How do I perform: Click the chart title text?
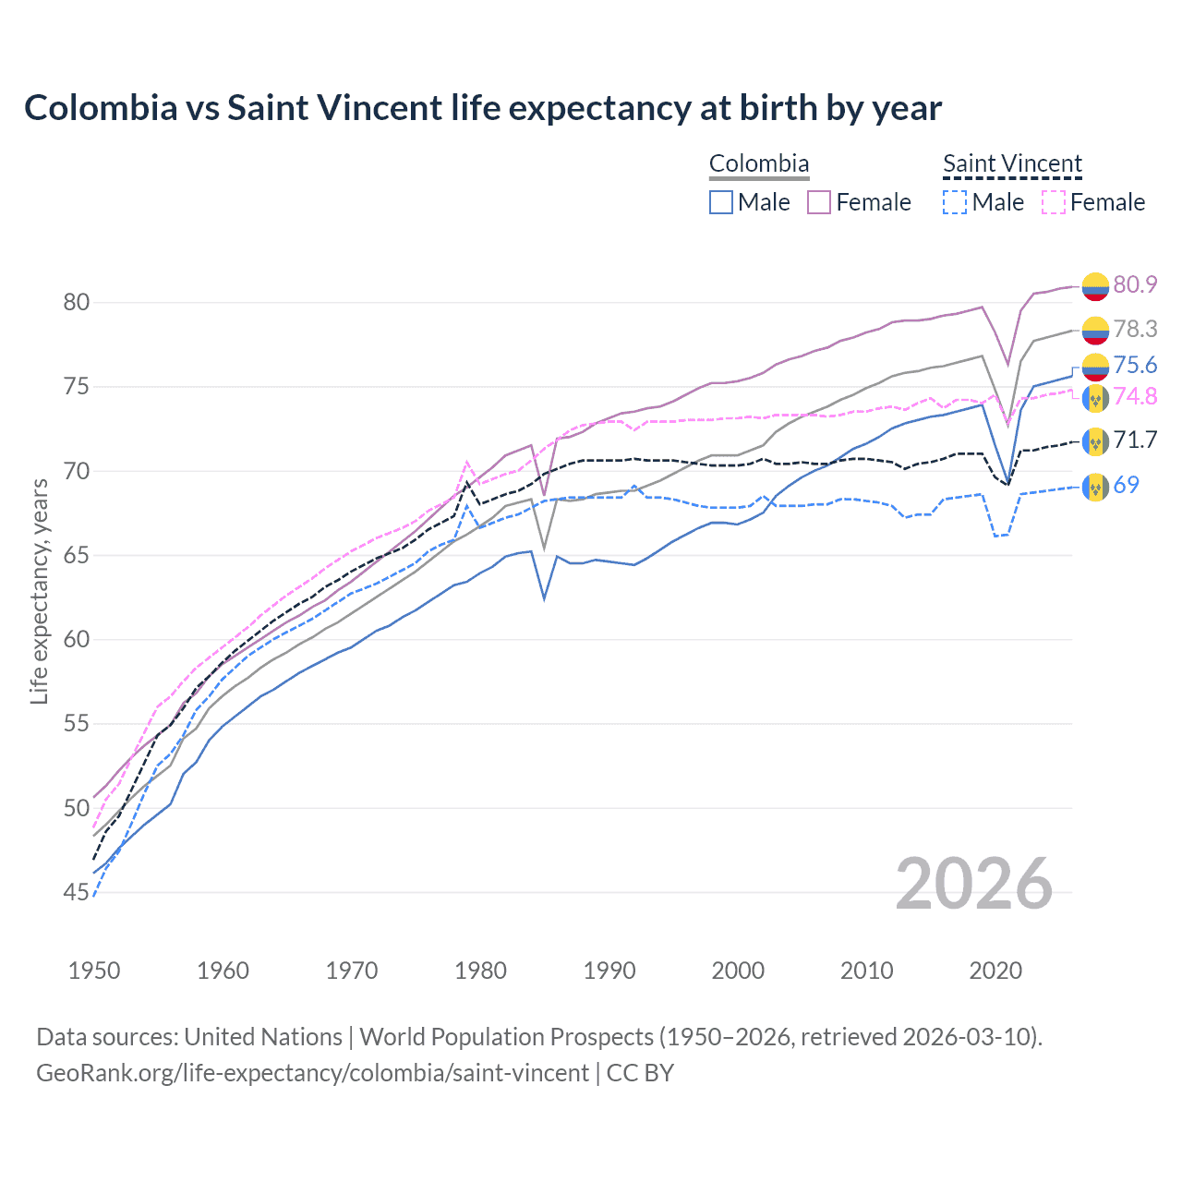click(482, 108)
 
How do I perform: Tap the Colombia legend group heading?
click(758, 164)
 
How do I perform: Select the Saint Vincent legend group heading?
click(1012, 164)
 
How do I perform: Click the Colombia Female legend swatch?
click(819, 202)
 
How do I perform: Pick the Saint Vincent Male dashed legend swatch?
click(955, 202)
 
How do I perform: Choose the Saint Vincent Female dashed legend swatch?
click(1054, 202)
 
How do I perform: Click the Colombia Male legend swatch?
click(721, 202)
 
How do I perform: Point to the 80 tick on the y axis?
click(77, 303)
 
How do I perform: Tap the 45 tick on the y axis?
click(77, 893)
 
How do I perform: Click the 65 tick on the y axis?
click(77, 556)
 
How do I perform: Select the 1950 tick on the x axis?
click(94, 971)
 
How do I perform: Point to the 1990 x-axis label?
click(609, 971)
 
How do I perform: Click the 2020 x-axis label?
click(995, 971)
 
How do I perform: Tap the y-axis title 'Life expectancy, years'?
click(39, 592)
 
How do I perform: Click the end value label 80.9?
click(1135, 284)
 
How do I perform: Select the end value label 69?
click(1126, 485)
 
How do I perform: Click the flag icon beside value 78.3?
click(1095, 330)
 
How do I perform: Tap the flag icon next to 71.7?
click(1095, 441)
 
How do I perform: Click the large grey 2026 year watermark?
click(973, 884)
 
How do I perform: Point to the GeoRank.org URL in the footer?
click(312, 1073)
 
